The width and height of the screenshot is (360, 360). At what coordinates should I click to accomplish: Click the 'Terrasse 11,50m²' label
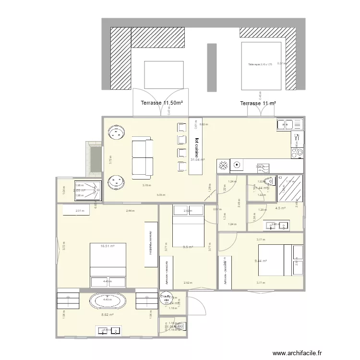[x=162, y=103]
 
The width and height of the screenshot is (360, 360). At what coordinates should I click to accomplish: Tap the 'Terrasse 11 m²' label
[x=258, y=103]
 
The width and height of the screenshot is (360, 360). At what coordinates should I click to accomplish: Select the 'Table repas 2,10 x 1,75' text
[x=260, y=64]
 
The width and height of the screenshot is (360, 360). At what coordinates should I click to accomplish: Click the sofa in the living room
[x=143, y=156]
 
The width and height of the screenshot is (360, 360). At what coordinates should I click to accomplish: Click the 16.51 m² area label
[x=108, y=246]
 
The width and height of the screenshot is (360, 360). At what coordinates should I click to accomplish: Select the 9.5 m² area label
[x=188, y=247]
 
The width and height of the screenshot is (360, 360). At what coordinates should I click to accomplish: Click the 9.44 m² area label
[x=261, y=261]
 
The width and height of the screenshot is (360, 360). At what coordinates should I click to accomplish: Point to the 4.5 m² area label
[x=280, y=208]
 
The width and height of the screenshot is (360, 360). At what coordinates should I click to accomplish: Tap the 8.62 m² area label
[x=107, y=315]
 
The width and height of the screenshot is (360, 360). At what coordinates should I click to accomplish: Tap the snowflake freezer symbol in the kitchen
[x=223, y=166]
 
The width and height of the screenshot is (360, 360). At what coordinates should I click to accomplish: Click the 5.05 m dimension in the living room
[x=160, y=195]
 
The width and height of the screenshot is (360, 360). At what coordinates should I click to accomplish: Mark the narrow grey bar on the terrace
[x=211, y=68]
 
